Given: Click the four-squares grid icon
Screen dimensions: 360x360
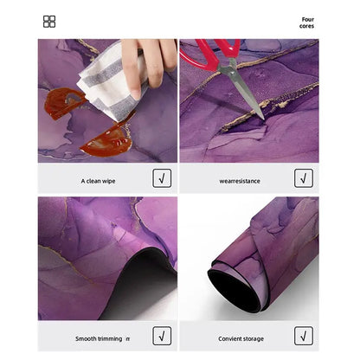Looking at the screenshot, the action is point(49,22).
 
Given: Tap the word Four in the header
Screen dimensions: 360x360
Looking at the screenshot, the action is point(308,19).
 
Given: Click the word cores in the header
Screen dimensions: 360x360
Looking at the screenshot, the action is point(306,26).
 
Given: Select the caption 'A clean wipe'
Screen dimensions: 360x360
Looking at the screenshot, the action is point(98,181).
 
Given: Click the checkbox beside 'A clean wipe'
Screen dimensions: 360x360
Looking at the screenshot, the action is point(162,178).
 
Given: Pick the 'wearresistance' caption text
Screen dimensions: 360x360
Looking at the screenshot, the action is point(240,181).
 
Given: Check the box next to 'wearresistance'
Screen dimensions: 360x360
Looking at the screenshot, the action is point(304,178).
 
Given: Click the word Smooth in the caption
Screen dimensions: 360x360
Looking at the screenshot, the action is point(86,338).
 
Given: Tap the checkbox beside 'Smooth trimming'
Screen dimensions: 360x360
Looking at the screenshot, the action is point(162,336).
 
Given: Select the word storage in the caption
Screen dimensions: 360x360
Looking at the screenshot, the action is point(253,339).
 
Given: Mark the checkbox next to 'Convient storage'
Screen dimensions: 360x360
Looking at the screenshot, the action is point(304,336).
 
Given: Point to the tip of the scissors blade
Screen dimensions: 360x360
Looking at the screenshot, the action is point(263,119).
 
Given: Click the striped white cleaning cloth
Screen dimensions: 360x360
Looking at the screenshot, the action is point(110,84).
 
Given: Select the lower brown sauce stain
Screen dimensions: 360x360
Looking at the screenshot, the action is point(108,140).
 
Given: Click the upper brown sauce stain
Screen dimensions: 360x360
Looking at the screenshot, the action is point(63,102).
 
